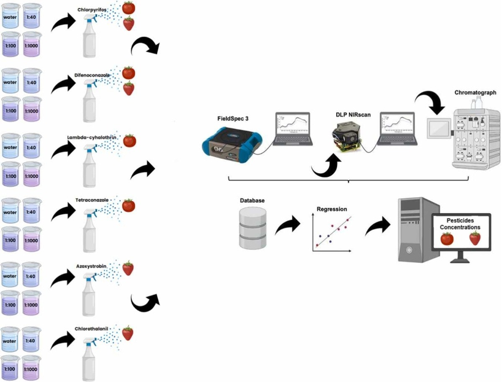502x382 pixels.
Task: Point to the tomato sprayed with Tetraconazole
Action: pyautogui.click(x=129, y=205)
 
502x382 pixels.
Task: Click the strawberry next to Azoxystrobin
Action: pyautogui.click(x=128, y=268)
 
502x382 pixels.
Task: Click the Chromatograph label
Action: pyautogui.click(x=475, y=93)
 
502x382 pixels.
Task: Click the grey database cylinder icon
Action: pyautogui.click(x=252, y=227)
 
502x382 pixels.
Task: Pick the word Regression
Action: pyautogui.click(x=331, y=209)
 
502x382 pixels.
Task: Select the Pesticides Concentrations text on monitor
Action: pyautogui.click(x=461, y=223)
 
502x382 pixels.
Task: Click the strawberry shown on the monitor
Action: pyautogui.click(x=475, y=238)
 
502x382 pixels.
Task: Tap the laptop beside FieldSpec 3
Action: pyautogui.click(x=293, y=130)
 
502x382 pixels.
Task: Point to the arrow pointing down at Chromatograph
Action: pyautogui.click(x=432, y=102)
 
